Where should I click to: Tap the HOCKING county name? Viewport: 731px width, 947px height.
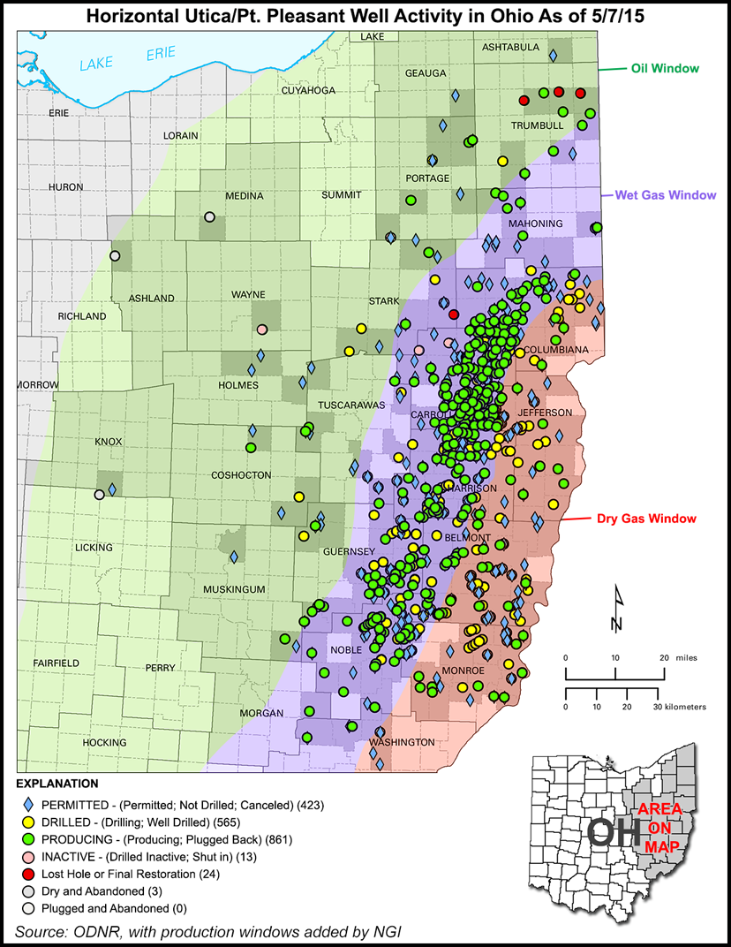(80, 743)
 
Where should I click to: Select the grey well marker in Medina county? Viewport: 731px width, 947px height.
(209, 216)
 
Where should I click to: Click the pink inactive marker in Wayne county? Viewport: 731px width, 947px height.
(261, 330)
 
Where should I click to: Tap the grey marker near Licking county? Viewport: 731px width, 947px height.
(100, 495)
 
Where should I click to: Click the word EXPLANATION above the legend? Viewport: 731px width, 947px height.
(56, 784)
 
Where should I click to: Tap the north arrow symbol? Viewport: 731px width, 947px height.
(617, 610)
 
